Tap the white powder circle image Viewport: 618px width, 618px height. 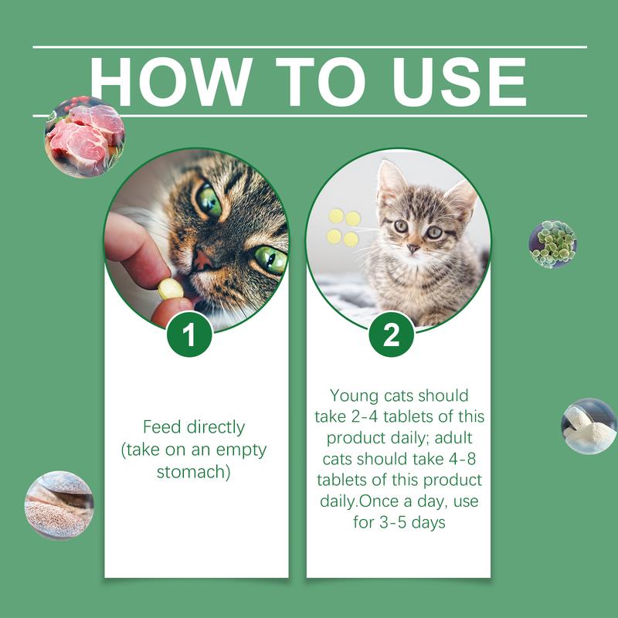click(588, 426)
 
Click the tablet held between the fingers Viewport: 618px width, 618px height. click(171, 289)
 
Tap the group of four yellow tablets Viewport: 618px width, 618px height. click(343, 227)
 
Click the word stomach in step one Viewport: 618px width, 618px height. click(193, 470)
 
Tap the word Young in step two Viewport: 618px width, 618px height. click(353, 396)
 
